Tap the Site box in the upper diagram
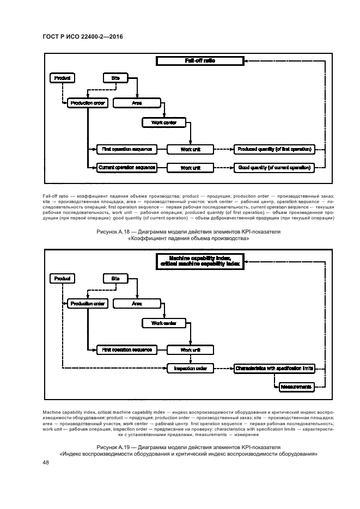(115, 78)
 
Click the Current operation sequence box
(126, 168)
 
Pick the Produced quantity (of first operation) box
(274, 149)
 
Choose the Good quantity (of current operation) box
(274, 168)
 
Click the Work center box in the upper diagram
(163, 122)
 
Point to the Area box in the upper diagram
(138, 102)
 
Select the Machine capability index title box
(199, 261)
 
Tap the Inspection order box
(190, 369)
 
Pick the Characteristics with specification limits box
(274, 369)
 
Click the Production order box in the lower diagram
(87, 303)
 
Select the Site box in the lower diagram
(115, 279)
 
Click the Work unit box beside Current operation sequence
(190, 168)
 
